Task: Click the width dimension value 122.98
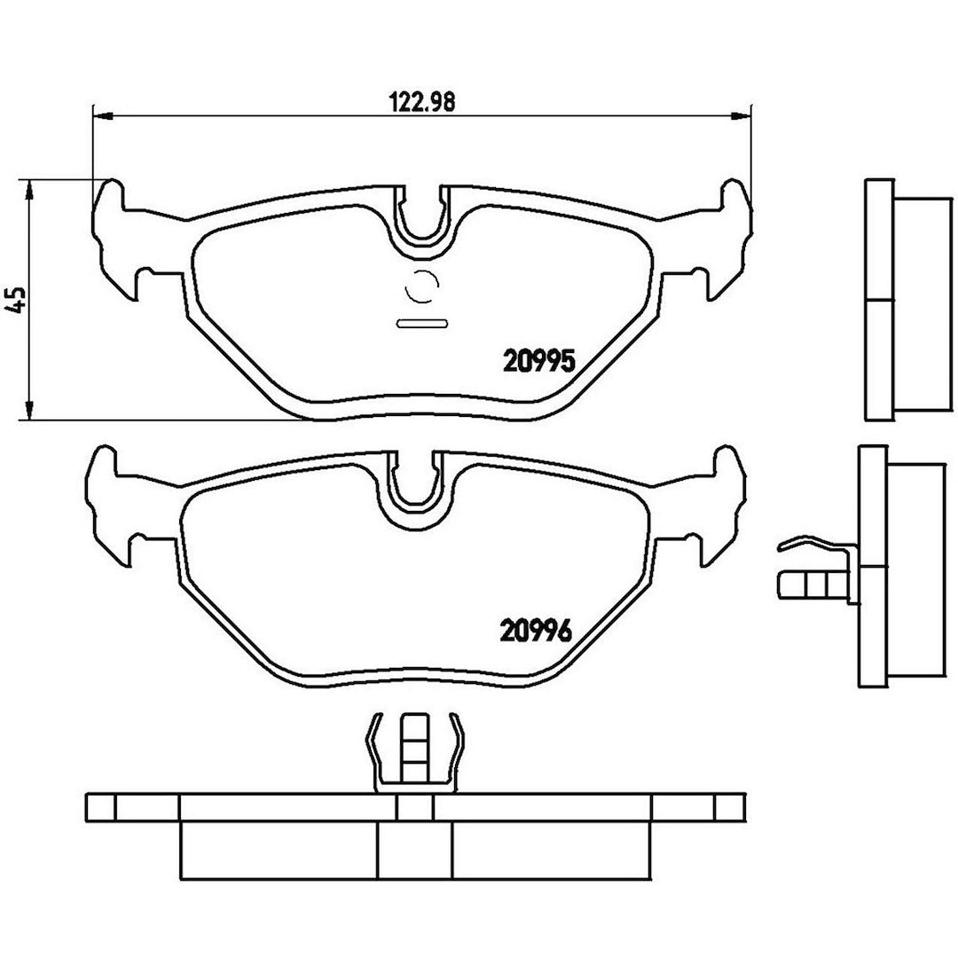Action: coord(422,102)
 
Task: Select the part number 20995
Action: coord(539,361)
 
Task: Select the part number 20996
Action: coord(536,631)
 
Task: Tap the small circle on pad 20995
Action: coord(422,286)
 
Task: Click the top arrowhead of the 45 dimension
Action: coord(27,190)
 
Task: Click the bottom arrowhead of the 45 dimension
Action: coord(27,410)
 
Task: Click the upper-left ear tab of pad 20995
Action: coord(109,208)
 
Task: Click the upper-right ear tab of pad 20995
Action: coord(736,208)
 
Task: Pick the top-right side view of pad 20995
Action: coord(909,300)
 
